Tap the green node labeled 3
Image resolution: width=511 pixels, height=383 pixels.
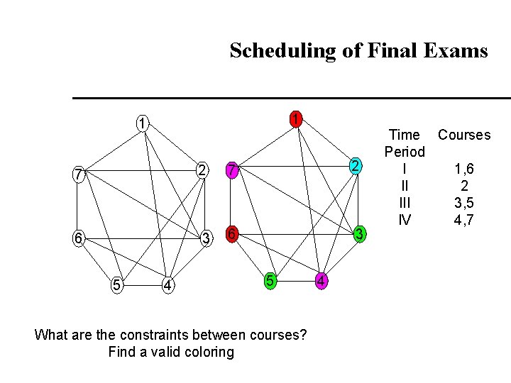[x=360, y=233]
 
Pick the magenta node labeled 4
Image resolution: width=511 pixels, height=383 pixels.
[x=322, y=281]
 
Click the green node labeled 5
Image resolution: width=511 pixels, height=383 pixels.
[x=270, y=280]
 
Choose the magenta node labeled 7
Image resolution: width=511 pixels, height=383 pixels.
[x=231, y=170]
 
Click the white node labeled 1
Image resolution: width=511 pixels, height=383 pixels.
[x=143, y=122]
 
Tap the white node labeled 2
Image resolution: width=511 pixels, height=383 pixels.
[x=202, y=170]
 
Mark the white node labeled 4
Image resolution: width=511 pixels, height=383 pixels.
[x=167, y=285]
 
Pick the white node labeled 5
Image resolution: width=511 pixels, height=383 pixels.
[x=116, y=285]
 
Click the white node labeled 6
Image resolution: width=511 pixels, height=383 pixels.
[x=77, y=238]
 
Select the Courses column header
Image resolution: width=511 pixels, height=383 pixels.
[x=464, y=135]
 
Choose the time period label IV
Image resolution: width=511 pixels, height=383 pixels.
[x=405, y=220]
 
